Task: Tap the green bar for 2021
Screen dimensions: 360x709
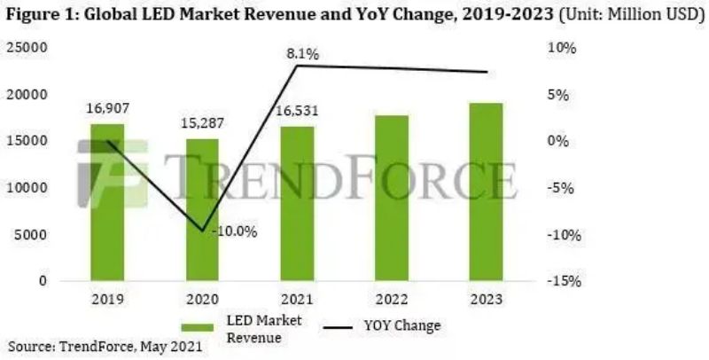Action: tap(297, 204)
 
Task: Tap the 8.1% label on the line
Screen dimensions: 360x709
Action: tap(301, 54)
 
